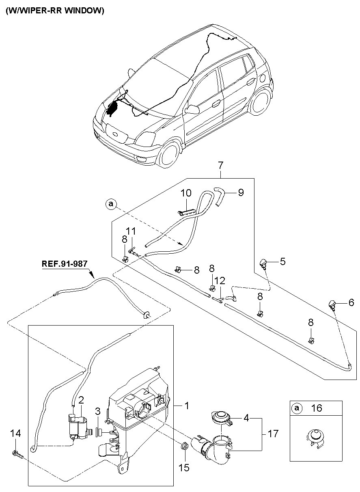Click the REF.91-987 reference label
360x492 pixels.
[64, 263]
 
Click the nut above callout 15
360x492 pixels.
[183, 447]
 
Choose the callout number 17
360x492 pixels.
[273, 434]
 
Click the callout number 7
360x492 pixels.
[220, 165]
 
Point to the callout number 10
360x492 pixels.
[186, 192]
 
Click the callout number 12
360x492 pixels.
[219, 280]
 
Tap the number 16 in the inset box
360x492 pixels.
[317, 408]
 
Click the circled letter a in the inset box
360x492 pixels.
[297, 408]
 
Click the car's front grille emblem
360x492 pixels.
[115, 134]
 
